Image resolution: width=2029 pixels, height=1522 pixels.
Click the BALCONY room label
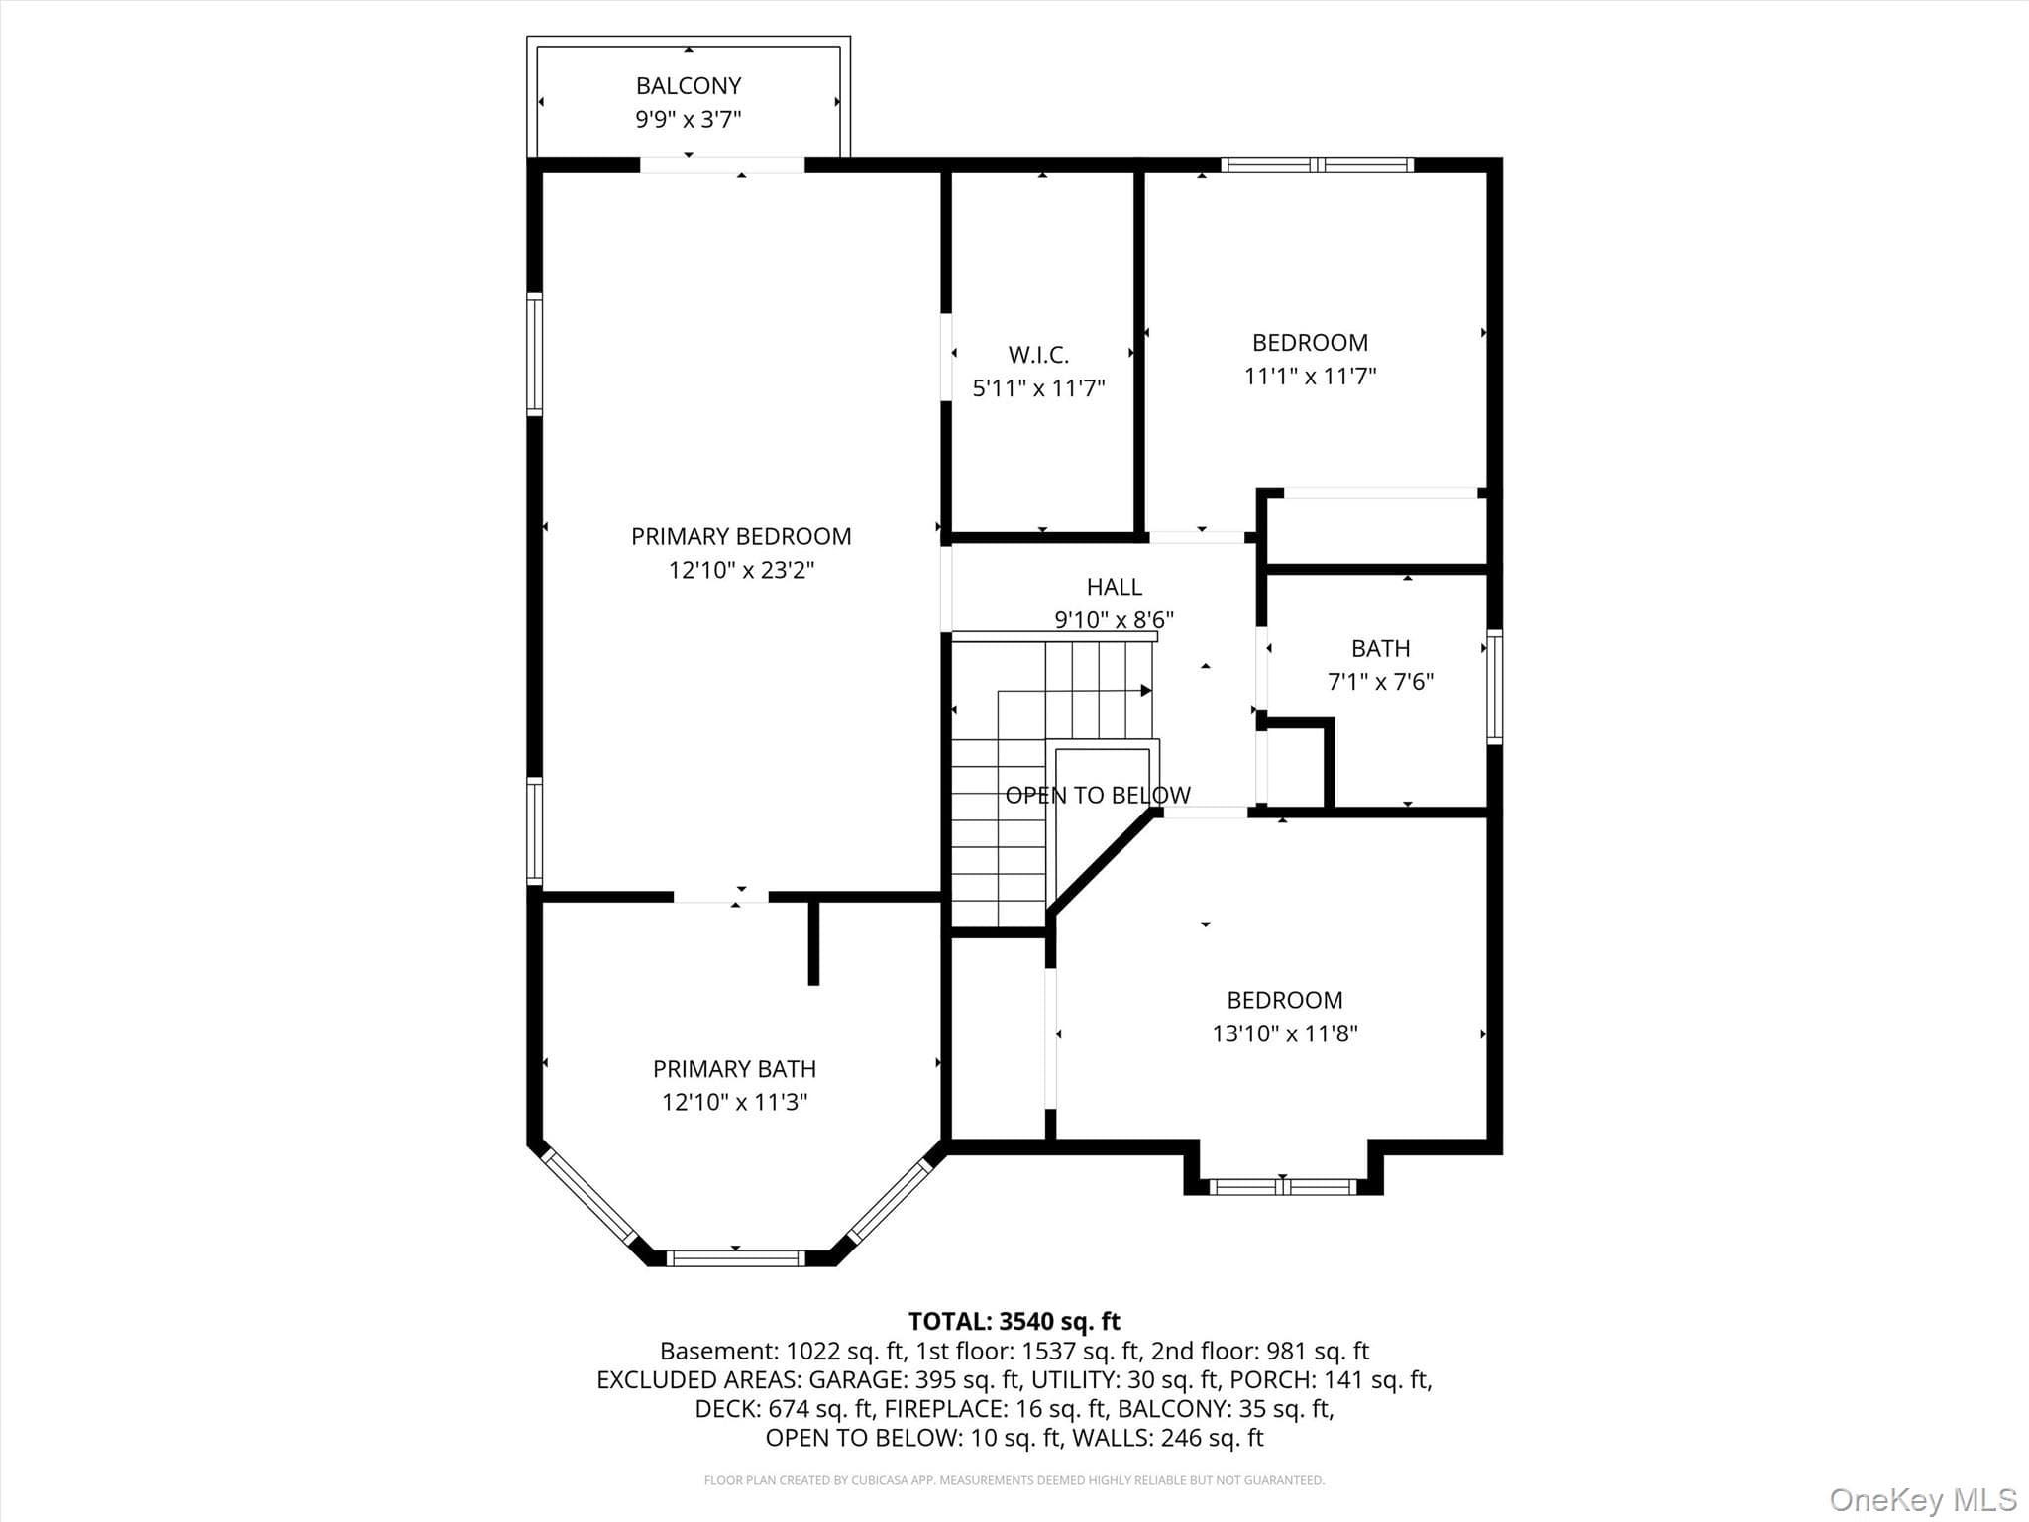(689, 86)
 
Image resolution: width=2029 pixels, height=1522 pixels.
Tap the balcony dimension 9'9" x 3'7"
(689, 120)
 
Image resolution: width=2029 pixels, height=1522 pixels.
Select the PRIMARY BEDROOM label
(741, 536)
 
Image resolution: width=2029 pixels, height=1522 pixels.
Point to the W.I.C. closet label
(1038, 355)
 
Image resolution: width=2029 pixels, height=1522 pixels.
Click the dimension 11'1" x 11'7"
(1310, 376)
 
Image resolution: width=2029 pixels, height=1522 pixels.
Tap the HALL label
(1114, 587)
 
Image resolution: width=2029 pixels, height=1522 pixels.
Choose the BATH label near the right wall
(1380, 649)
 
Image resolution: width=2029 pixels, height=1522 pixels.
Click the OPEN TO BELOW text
(1098, 795)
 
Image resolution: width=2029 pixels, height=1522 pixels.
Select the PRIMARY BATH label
(734, 1069)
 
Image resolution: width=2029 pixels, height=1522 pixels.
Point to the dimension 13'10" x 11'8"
(1285, 1033)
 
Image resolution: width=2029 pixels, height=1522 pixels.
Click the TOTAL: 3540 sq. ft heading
(1014, 1321)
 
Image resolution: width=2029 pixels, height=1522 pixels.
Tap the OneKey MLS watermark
(1923, 1500)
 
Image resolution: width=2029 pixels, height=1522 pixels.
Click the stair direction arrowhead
(1146, 690)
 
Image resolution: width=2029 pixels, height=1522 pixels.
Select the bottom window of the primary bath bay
(735, 1258)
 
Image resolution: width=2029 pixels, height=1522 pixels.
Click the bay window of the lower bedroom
(1283, 1186)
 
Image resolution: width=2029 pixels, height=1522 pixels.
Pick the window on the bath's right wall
(1495, 687)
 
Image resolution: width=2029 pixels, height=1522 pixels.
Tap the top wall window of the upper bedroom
(1317, 164)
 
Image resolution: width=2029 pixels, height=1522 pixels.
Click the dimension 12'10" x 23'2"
(741, 570)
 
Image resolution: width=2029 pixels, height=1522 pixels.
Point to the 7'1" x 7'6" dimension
(1380, 682)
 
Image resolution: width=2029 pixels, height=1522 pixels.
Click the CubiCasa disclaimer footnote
(1014, 1480)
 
